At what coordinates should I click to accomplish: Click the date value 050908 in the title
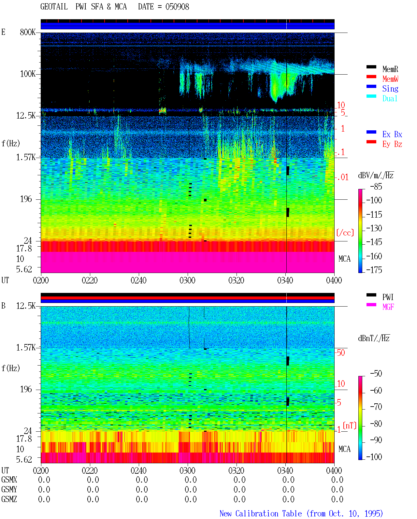[x=177, y=7]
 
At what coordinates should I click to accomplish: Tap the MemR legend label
[x=390, y=69]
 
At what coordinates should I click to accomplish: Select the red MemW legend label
[x=390, y=79]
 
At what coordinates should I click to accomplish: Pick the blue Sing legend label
[x=390, y=89]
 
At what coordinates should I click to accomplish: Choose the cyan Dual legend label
[x=390, y=98]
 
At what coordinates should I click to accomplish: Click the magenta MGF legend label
[x=388, y=307]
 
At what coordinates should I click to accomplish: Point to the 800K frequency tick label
[x=28, y=32]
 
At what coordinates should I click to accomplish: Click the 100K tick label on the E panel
[x=28, y=74]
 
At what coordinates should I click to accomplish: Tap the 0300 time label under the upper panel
[x=187, y=280]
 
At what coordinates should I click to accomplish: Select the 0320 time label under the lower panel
[x=236, y=470]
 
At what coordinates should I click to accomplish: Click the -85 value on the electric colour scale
[x=376, y=186]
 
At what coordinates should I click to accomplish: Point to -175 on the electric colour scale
[x=374, y=270]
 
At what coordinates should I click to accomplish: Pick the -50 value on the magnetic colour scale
[x=376, y=374]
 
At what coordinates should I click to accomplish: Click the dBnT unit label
[x=374, y=338]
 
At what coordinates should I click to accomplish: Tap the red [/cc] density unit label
[x=345, y=233]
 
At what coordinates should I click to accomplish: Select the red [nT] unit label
[x=350, y=425]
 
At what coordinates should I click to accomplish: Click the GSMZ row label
[x=9, y=499]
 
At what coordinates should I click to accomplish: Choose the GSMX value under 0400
[x=337, y=480]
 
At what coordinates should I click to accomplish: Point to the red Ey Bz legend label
[x=392, y=144]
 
